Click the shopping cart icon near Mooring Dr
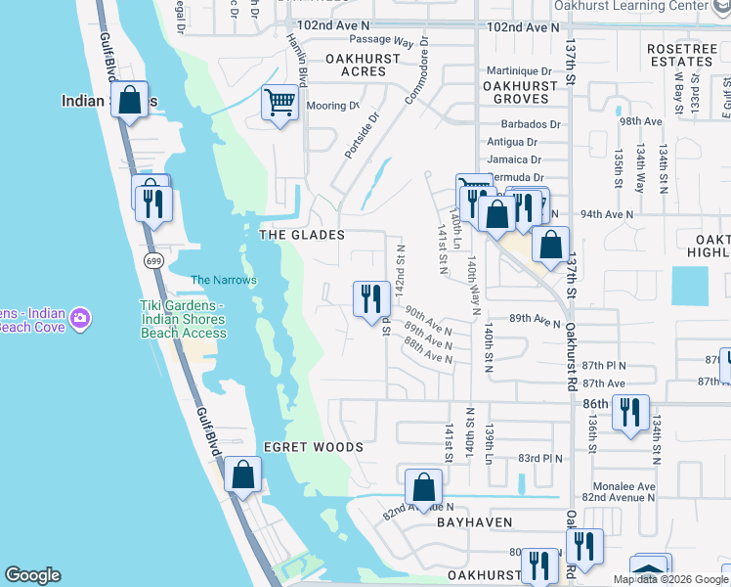(x=280, y=102)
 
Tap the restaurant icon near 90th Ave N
(x=371, y=297)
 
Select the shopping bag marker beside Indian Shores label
(x=129, y=99)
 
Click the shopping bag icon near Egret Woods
(x=242, y=476)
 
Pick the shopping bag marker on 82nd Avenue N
(x=423, y=486)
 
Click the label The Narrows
(x=223, y=280)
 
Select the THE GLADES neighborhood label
(x=302, y=235)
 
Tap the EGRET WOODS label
(x=313, y=447)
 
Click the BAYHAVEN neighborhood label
(x=475, y=523)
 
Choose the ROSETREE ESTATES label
(x=680, y=54)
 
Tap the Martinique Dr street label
(x=520, y=70)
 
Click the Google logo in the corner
(x=32, y=575)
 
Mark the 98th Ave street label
(x=641, y=121)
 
